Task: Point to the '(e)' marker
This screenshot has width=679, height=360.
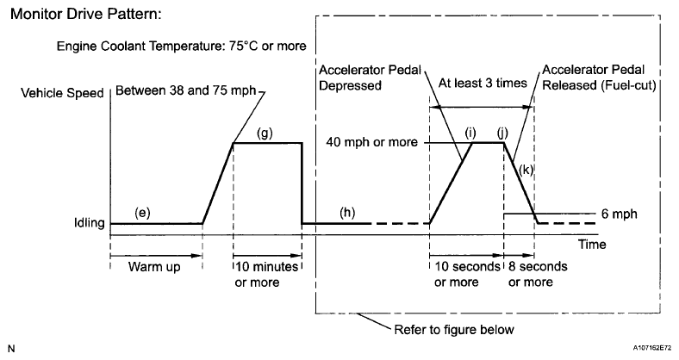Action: coord(144,212)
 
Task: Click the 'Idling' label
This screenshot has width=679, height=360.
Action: coord(89,224)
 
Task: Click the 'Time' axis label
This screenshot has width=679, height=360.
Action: coord(592,245)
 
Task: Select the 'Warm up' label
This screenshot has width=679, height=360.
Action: coord(155,266)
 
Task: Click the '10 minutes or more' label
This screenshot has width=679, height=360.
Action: coord(267,273)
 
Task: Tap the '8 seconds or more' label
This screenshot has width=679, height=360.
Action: coord(538,273)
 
